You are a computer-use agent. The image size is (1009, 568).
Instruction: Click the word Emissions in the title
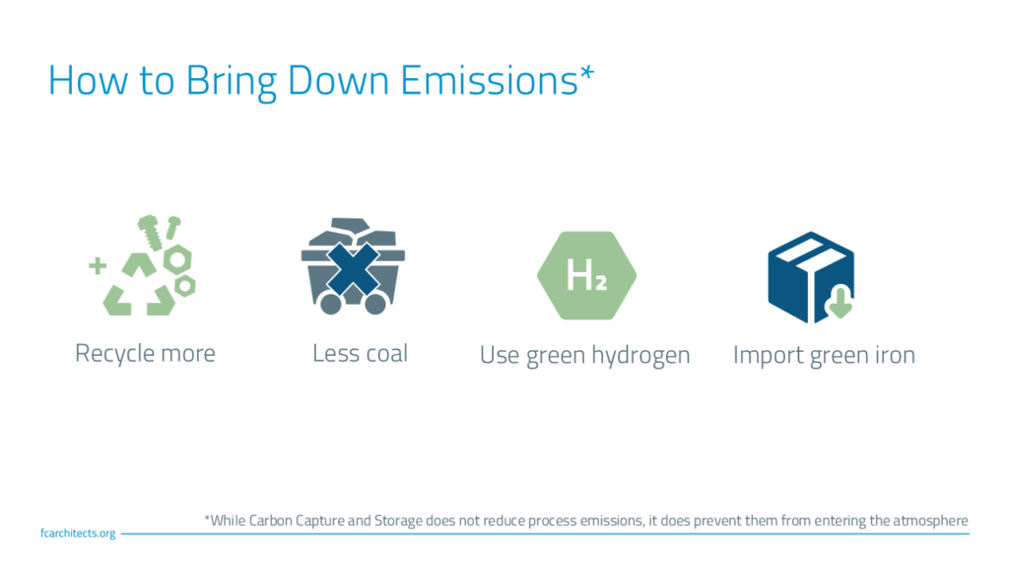[x=489, y=81]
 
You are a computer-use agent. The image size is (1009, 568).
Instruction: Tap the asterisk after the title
[x=587, y=73]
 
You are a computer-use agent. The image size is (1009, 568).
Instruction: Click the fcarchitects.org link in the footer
[x=78, y=533]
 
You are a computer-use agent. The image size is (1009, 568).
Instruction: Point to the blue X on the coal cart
[x=353, y=269]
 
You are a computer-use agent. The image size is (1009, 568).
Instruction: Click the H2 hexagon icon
[x=587, y=275]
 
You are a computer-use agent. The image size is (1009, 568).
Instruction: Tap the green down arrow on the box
[x=840, y=302]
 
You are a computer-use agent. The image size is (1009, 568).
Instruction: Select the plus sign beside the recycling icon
[x=98, y=265]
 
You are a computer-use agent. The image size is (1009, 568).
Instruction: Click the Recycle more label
[x=146, y=354]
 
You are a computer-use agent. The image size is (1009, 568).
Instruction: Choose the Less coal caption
[x=361, y=353]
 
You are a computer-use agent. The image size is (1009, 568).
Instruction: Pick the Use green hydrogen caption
[x=585, y=355]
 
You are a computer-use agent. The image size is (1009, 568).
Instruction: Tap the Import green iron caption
[x=824, y=355]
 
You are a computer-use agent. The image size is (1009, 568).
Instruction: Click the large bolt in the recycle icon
[x=150, y=233]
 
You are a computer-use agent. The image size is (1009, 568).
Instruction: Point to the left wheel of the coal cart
[x=330, y=304]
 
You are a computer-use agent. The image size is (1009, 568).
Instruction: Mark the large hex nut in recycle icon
[x=177, y=260]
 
